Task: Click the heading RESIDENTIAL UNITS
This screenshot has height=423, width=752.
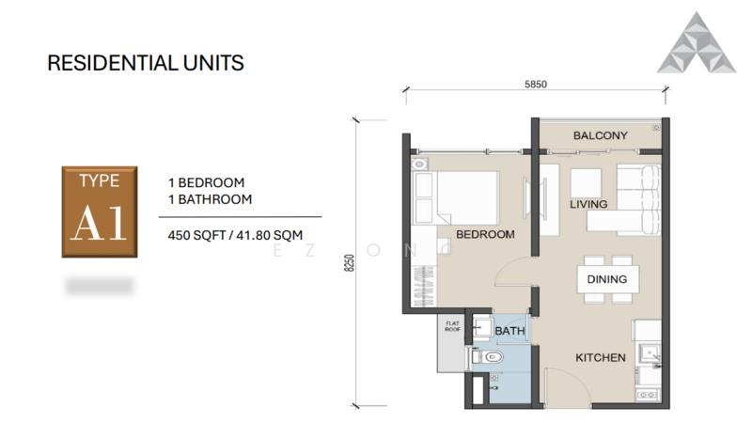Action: point(146,64)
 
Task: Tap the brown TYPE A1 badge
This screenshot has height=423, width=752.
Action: point(101,212)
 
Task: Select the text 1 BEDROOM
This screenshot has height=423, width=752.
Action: point(206,182)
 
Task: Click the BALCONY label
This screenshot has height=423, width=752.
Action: point(600,135)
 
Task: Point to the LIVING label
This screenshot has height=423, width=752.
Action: point(588,204)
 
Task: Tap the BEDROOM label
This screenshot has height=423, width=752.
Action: point(485,234)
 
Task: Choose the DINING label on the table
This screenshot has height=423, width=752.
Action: point(606,279)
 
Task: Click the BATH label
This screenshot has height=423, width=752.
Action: point(509,331)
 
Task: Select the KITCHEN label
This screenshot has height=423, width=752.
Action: point(601,358)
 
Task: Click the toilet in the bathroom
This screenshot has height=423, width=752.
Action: point(490,358)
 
